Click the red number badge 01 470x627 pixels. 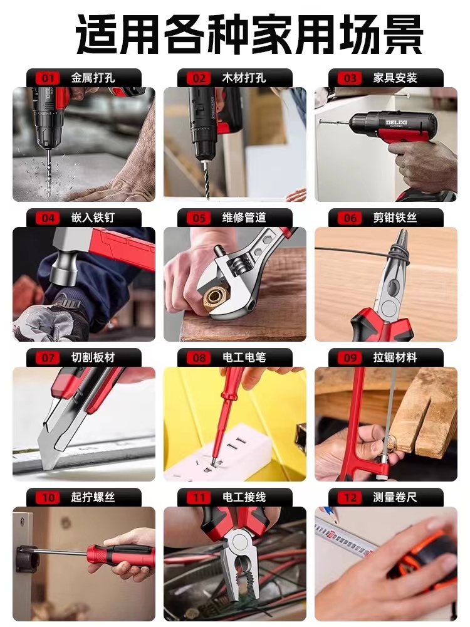click(x=48, y=78)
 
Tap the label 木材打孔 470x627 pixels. click(x=244, y=78)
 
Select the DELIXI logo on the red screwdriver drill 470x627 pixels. click(x=397, y=123)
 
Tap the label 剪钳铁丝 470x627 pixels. click(x=395, y=218)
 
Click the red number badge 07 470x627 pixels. click(x=48, y=358)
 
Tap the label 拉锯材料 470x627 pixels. click(x=395, y=357)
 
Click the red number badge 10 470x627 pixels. click(x=48, y=498)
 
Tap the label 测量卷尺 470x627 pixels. click(x=395, y=497)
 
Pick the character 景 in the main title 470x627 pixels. click(x=403, y=34)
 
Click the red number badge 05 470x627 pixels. click(x=199, y=218)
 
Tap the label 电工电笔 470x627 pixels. click(x=244, y=357)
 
